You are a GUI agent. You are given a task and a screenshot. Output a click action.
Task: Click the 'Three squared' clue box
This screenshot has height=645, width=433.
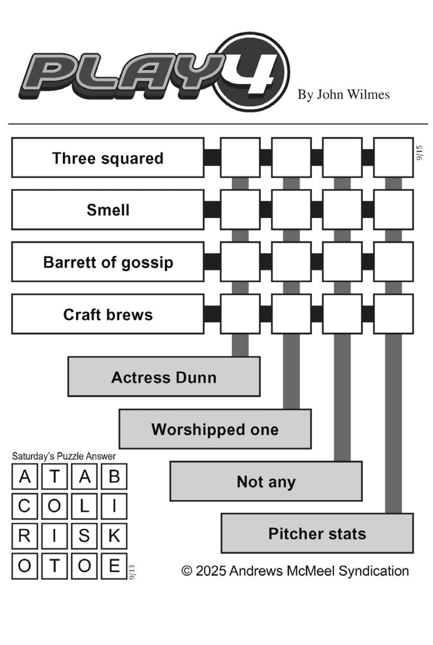(108, 158)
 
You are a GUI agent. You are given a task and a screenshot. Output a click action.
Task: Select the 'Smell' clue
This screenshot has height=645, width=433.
(108, 210)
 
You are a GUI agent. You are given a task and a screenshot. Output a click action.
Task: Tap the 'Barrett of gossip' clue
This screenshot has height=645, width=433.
(108, 262)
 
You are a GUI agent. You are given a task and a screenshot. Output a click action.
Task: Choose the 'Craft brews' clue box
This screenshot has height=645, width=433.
(108, 314)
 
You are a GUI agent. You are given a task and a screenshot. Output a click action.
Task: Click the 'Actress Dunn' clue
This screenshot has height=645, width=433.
(164, 377)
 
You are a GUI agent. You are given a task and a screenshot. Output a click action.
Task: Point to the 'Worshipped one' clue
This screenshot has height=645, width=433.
(215, 429)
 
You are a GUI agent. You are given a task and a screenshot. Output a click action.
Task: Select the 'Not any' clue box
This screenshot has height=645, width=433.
(266, 481)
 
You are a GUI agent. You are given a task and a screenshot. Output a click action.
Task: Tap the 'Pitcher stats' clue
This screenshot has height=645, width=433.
(317, 533)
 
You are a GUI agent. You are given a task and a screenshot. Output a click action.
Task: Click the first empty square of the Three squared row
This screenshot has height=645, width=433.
(240, 158)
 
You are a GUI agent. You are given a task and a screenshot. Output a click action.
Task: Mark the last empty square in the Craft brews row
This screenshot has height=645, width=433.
(393, 314)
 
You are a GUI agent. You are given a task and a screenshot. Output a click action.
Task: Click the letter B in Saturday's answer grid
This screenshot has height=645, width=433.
(114, 477)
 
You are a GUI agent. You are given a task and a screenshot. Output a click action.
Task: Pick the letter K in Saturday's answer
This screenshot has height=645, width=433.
(114, 536)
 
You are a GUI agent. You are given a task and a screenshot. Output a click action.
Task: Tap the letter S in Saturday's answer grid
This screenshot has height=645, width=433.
(84, 536)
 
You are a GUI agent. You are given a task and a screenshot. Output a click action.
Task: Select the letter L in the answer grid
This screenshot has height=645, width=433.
(84, 506)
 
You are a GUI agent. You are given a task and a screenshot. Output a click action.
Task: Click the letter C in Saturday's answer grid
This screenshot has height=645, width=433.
(24, 506)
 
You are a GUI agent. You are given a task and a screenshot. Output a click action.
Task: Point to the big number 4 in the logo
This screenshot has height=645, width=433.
(253, 74)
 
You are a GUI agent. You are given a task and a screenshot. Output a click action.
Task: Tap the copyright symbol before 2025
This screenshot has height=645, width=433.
(187, 571)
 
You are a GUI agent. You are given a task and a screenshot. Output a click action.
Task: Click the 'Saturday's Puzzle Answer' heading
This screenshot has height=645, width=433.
(64, 456)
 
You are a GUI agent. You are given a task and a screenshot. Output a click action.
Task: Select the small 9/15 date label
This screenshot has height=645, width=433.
(420, 152)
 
